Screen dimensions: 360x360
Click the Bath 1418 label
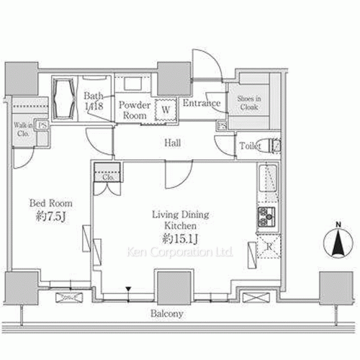point(94,101)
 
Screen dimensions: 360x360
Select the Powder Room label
point(135,108)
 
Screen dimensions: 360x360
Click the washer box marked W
point(166,110)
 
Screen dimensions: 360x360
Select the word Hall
point(171,143)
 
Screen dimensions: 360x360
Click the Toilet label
point(250,146)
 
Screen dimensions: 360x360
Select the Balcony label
point(166,314)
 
